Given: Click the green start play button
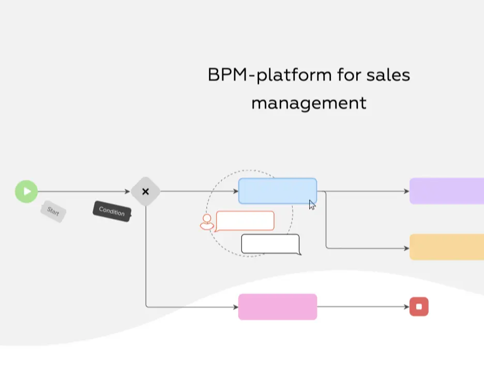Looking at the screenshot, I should click(x=26, y=191).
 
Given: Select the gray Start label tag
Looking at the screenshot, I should click(x=53, y=211).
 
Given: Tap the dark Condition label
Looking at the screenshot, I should click(x=112, y=211).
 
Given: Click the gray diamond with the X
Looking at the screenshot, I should click(x=145, y=191).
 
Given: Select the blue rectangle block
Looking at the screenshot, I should click(x=277, y=191).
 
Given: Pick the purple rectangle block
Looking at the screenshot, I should click(x=446, y=191).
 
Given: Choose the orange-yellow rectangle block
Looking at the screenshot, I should click(x=446, y=247).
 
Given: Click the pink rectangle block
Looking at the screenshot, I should click(x=277, y=307).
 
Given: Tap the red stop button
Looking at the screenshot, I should click(x=419, y=307).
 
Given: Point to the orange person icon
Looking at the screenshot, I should click(x=207, y=222).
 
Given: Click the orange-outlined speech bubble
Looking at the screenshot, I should click(x=245, y=221).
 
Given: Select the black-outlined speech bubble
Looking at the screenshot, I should click(x=270, y=244).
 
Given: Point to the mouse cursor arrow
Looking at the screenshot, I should click(x=312, y=205).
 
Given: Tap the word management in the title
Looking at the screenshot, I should click(x=309, y=102).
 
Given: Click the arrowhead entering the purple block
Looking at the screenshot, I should click(x=406, y=191).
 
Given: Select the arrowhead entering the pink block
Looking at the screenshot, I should click(x=235, y=307).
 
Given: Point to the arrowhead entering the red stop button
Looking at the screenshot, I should click(x=406, y=307).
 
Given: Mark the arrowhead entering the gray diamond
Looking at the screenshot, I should click(x=127, y=192).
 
